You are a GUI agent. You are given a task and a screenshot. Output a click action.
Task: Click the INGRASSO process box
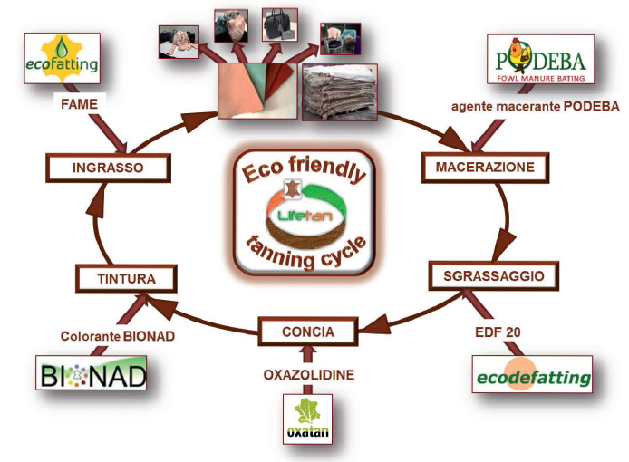coord(108,167)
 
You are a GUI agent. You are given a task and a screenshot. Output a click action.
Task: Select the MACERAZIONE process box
coord(478,167)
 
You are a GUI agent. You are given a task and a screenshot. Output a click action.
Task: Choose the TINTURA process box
coord(126,278)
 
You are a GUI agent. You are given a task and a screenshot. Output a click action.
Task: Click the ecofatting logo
coord(62,59)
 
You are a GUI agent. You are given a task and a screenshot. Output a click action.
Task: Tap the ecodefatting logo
coord(533,375)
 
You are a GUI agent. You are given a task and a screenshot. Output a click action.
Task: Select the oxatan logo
coord(306,418)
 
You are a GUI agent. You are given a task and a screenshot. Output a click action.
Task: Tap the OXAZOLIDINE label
coord(308,372)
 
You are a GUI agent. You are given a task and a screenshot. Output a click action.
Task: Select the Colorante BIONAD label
coord(118,335)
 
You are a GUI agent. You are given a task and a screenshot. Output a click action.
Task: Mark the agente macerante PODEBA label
coord(536,106)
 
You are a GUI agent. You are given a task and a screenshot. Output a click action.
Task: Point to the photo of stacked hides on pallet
coord(334,91)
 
